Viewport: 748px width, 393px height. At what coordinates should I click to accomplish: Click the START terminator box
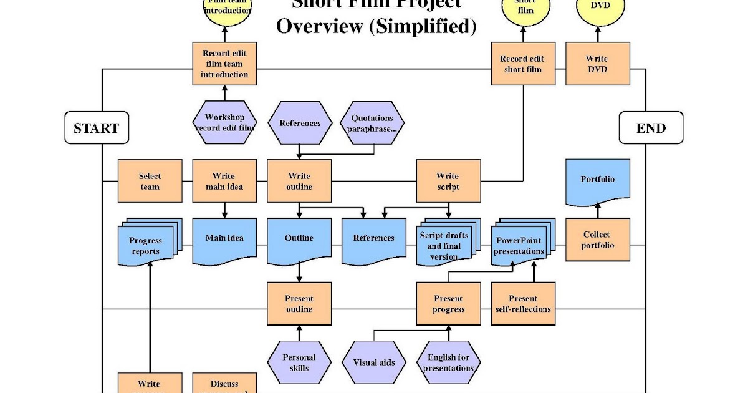pyautogui.click(x=97, y=128)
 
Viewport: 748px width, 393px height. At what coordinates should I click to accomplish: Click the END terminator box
pyautogui.click(x=651, y=128)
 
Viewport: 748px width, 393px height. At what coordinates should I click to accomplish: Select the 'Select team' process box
pyautogui.click(x=150, y=181)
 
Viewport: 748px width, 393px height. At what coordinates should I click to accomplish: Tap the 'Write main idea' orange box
pyautogui.click(x=224, y=181)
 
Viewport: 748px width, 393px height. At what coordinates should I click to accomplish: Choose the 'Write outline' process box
pyautogui.click(x=299, y=181)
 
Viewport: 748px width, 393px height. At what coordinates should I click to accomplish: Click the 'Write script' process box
pyautogui.click(x=448, y=181)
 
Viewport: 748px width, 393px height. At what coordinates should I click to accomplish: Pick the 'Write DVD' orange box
pyautogui.click(x=597, y=64)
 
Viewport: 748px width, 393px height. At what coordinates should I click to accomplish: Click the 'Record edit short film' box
pyautogui.click(x=522, y=64)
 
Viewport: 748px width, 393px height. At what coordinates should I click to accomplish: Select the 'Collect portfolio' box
pyautogui.click(x=598, y=240)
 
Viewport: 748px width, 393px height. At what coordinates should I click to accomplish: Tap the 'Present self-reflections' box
pyautogui.click(x=522, y=303)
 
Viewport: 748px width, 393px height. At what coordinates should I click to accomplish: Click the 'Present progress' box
pyautogui.click(x=448, y=303)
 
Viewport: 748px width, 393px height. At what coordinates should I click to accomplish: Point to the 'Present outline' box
pyautogui.click(x=299, y=303)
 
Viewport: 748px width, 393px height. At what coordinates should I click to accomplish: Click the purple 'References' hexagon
pyautogui.click(x=299, y=123)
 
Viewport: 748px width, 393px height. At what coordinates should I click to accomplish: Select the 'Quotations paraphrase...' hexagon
pyautogui.click(x=373, y=123)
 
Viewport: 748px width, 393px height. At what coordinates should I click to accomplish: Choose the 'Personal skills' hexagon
pyautogui.click(x=299, y=362)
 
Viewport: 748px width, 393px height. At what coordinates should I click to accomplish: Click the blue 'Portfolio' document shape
pyautogui.click(x=598, y=180)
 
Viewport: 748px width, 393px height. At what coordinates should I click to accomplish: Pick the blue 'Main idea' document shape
pyautogui.click(x=224, y=239)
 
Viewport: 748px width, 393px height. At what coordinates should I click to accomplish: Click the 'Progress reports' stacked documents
pyautogui.click(x=147, y=245)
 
